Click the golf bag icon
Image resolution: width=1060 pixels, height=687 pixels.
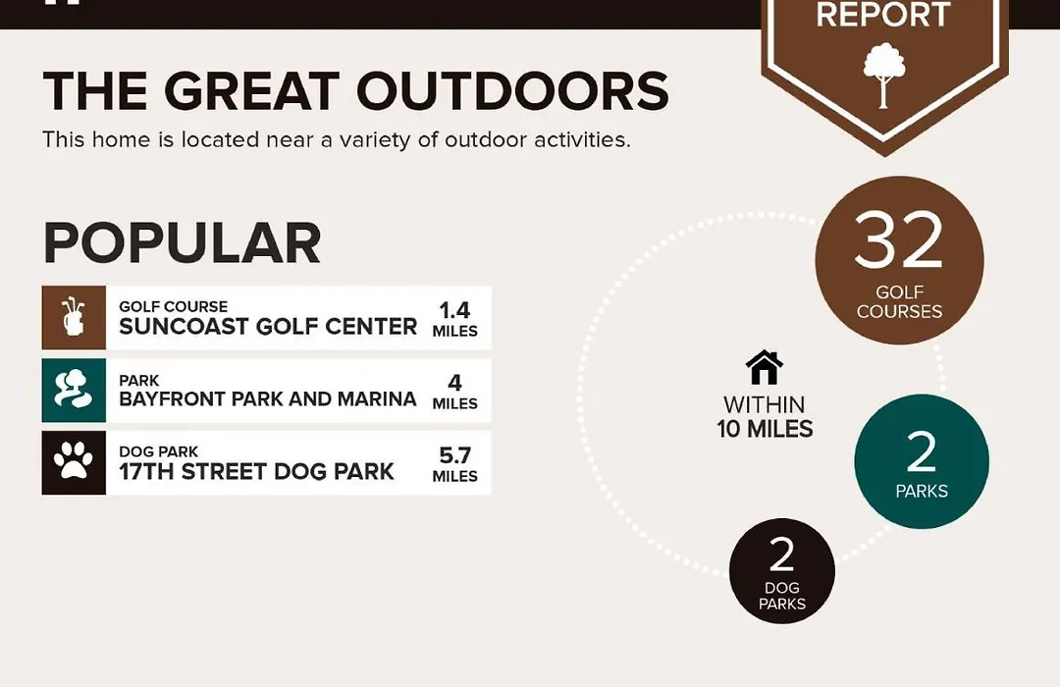pyautogui.click(x=73, y=316)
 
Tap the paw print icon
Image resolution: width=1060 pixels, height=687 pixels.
pyautogui.click(x=73, y=461)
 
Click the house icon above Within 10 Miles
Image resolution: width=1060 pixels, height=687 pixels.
pyautogui.click(x=764, y=368)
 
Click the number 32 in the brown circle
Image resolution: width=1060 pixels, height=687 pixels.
pyautogui.click(x=898, y=240)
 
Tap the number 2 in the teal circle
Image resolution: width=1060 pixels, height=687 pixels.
pyautogui.click(x=921, y=451)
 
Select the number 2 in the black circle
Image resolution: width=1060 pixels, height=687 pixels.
pyautogui.click(x=781, y=555)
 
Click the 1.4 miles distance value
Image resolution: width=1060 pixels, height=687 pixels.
pyautogui.click(x=455, y=319)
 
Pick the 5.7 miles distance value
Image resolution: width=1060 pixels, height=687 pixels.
pyautogui.click(x=455, y=464)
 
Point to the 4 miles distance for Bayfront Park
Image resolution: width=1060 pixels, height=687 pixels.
pyautogui.click(x=455, y=392)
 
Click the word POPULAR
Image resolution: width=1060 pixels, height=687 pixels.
pyautogui.click(x=182, y=243)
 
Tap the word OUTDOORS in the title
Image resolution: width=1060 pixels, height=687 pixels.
pyautogui.click(x=512, y=90)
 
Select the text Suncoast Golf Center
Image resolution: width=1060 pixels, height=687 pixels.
pyautogui.click(x=268, y=326)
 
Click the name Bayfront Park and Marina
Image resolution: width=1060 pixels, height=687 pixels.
pyautogui.click(x=268, y=398)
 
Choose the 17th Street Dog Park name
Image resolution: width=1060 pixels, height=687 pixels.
pyautogui.click(x=256, y=471)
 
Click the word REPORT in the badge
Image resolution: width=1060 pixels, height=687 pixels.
pyautogui.click(x=883, y=15)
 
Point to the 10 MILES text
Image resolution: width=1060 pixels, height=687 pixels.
pyautogui.click(x=765, y=429)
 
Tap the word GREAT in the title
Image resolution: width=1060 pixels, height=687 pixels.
pyautogui.click(x=251, y=90)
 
